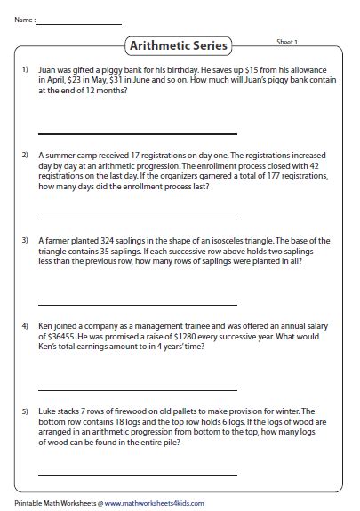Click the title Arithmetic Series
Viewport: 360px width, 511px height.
(x=179, y=45)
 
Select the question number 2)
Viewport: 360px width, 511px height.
(x=25, y=155)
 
